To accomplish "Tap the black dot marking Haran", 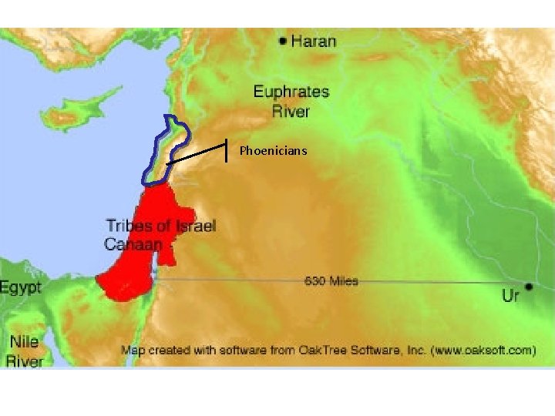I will [x=283, y=40].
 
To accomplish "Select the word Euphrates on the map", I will [x=291, y=92].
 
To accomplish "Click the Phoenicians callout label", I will [x=273, y=151].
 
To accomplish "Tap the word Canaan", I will [x=133, y=244].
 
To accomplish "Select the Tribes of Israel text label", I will [x=160, y=226].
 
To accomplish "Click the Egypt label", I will [x=19, y=288].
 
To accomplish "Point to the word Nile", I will [x=24, y=341].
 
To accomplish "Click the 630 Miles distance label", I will [x=331, y=281].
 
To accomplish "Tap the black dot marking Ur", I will [x=530, y=287].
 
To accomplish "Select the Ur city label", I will [x=511, y=297].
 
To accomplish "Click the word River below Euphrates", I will [x=291, y=112].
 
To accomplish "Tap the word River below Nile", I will [x=25, y=360].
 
